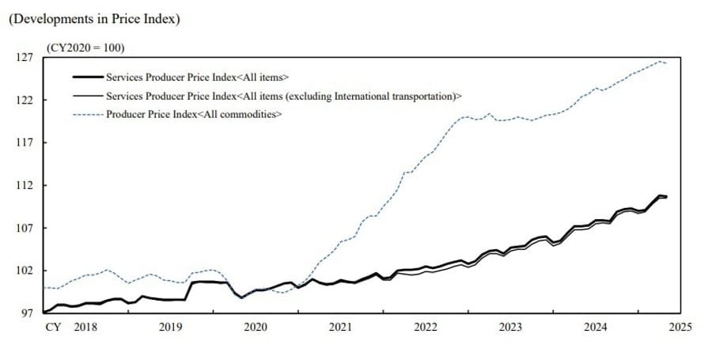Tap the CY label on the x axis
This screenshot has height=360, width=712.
point(53,328)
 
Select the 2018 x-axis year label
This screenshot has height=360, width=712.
point(85,328)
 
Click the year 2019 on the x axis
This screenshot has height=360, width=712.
point(170,328)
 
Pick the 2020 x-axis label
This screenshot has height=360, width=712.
point(256,328)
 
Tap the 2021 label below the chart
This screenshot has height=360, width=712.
point(340,328)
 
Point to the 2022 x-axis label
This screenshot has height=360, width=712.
point(426,328)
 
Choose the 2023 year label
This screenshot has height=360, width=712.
point(510,328)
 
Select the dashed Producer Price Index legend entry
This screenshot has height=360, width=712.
point(194,114)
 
